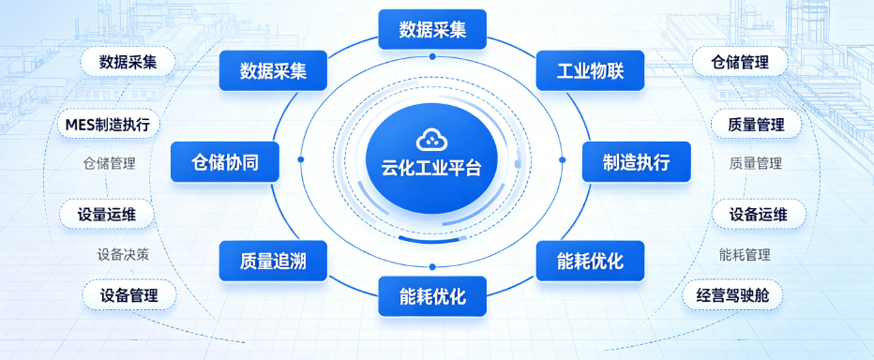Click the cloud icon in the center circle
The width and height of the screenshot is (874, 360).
tap(431, 139)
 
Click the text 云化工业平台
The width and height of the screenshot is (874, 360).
tap(431, 169)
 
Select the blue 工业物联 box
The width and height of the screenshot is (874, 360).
tap(590, 70)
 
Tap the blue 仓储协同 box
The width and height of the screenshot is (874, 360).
tap(225, 162)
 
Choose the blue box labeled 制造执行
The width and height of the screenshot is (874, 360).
tap(637, 162)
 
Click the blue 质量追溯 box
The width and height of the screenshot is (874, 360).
tap(273, 261)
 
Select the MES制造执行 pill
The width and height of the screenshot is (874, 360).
tap(108, 125)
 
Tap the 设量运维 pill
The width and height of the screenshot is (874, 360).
tap(107, 215)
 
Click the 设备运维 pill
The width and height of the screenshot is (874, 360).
tap(759, 214)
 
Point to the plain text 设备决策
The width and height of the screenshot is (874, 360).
tap(123, 255)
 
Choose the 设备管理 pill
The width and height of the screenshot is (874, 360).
tap(129, 294)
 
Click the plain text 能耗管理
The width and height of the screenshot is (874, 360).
tap(745, 255)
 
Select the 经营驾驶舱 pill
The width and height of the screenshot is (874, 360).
tap(732, 294)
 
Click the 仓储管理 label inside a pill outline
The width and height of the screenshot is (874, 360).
tap(740, 62)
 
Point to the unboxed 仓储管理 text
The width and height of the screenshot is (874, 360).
tap(109, 163)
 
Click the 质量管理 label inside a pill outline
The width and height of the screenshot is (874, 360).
tap(756, 125)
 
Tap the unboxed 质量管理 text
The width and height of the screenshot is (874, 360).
tap(756, 163)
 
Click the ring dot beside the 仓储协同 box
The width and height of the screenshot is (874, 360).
tap(301, 159)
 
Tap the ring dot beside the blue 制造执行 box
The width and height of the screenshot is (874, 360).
tap(562, 160)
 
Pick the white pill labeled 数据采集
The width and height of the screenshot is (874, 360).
tap(128, 62)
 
